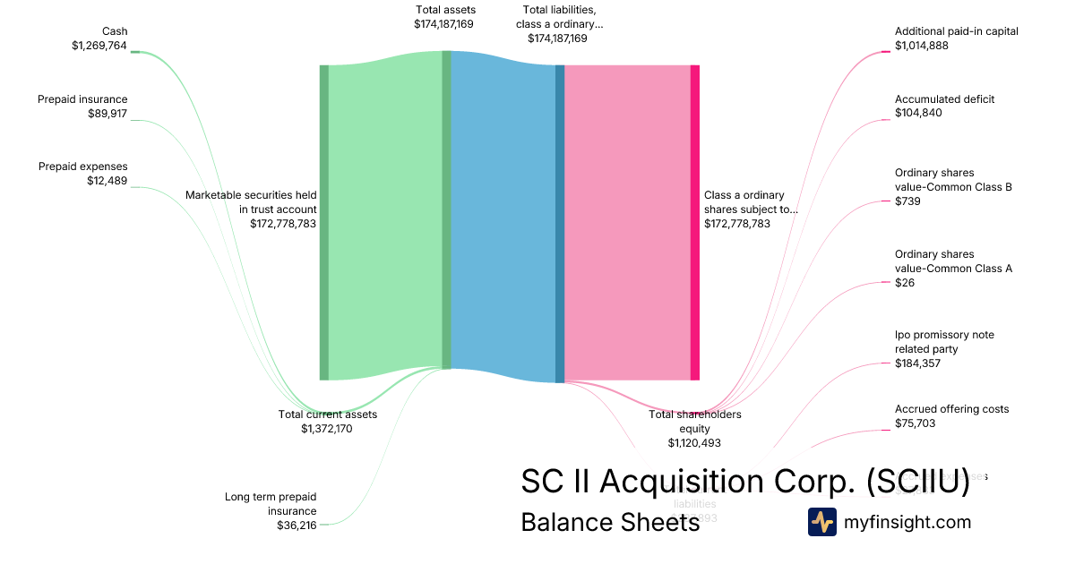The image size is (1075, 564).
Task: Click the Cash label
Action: point(115,31)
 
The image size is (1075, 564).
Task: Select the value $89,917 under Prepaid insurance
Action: point(107,114)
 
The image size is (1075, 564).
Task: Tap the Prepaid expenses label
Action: point(83,167)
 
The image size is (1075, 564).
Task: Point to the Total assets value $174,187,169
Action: point(444,24)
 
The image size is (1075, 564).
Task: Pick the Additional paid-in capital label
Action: point(956,31)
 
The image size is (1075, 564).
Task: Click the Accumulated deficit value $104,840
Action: point(918,114)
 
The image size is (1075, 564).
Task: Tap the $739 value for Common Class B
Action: point(907,201)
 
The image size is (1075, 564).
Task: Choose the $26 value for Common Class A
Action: point(905,283)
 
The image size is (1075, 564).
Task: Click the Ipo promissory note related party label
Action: point(944,342)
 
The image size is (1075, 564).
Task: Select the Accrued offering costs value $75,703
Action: point(915,423)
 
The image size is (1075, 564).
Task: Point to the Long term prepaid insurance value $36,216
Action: point(297,526)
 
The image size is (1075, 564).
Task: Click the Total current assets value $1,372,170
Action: point(328,429)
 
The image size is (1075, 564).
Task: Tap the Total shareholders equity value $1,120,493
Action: point(694,442)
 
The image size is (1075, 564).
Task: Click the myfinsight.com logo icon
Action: point(821,522)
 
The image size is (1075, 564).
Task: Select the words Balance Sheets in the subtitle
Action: point(610,522)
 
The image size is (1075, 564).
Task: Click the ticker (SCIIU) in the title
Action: point(917,481)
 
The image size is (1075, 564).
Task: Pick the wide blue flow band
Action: point(503,215)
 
